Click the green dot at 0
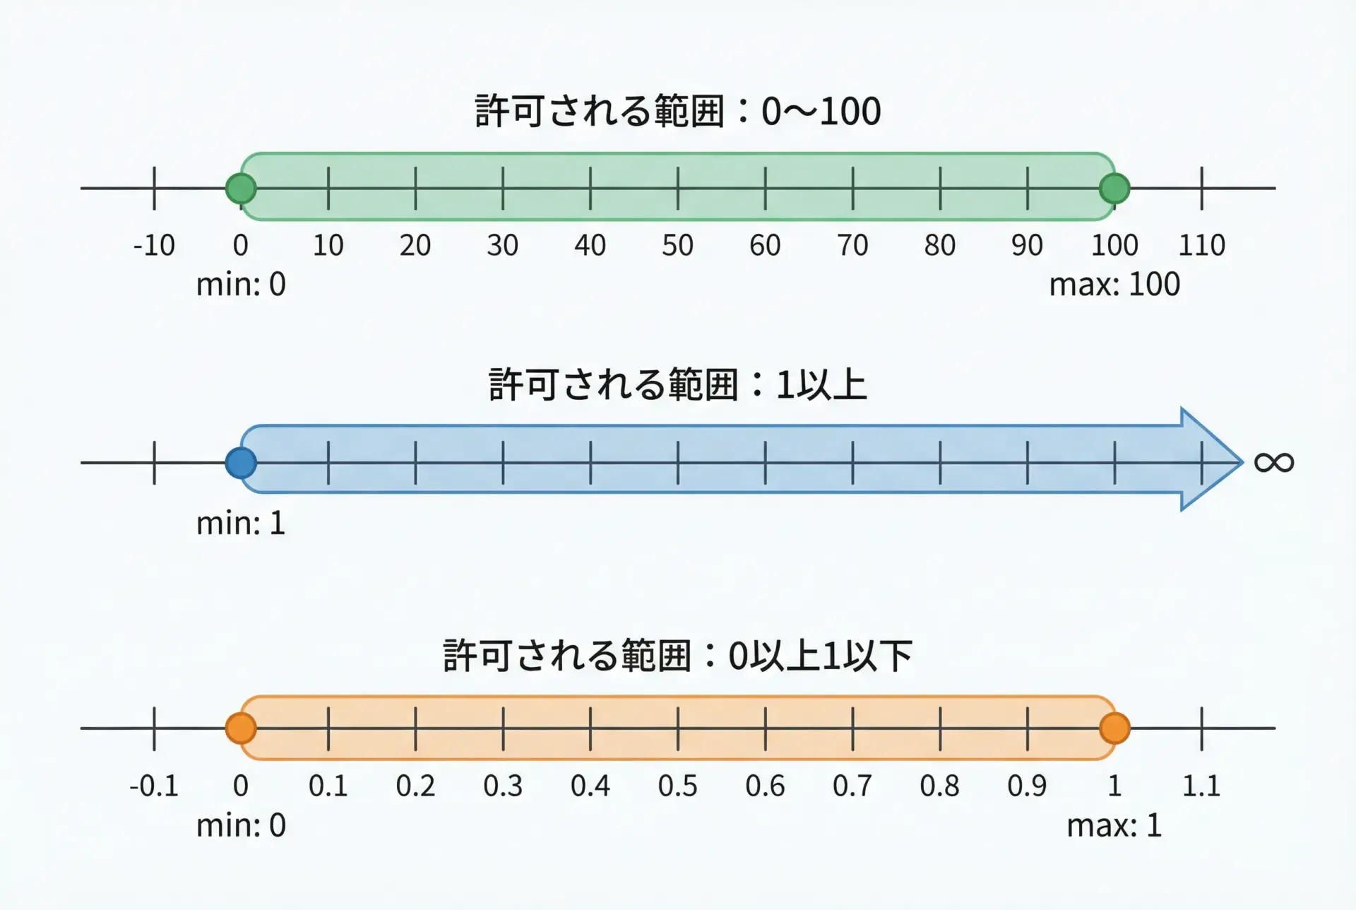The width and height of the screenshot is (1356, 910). point(241,189)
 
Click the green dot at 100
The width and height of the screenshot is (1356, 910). point(1114,189)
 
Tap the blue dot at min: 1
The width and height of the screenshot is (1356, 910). point(241,463)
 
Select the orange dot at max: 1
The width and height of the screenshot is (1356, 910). point(1114,728)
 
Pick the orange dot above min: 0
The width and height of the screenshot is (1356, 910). point(241,728)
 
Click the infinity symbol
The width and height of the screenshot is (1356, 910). point(1273,463)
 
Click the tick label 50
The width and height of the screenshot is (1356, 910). point(677,245)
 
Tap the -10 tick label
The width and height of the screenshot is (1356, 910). point(154,245)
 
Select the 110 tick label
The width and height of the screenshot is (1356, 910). point(1201,245)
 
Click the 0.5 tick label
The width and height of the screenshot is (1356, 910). point(677,786)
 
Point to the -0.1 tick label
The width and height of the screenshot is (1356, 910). point(154,786)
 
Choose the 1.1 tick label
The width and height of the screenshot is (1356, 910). point(1201,786)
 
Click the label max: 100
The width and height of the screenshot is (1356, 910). point(1114,284)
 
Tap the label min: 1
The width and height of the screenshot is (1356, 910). point(241,524)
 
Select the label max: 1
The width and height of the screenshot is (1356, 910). point(1114,825)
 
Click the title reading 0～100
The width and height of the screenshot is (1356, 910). point(677,111)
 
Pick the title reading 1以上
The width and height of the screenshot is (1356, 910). point(677,385)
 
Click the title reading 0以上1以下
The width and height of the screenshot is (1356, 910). point(677,656)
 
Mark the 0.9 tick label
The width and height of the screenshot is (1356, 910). point(1027,786)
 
